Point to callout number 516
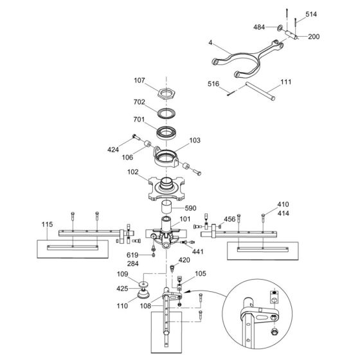pyautogui.click(x=215, y=84)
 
